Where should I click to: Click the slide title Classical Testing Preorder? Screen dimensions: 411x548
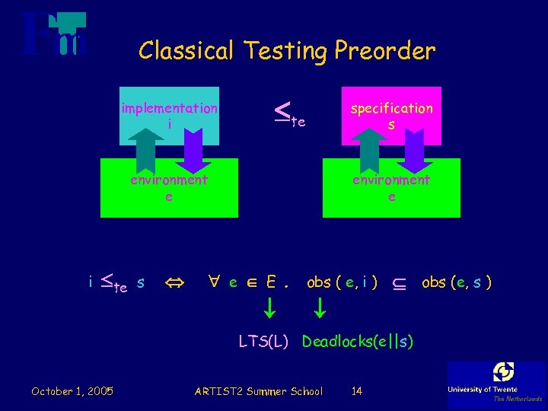pyautogui.click(x=287, y=51)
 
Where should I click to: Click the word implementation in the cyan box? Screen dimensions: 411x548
pyautogui.click(x=169, y=108)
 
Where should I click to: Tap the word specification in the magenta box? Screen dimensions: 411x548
pyautogui.click(x=391, y=108)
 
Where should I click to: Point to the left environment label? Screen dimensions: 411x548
pyautogui.click(x=169, y=180)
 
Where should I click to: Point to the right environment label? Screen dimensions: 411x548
pyautogui.click(x=391, y=180)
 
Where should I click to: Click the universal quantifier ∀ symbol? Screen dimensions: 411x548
pyautogui.click(x=216, y=282)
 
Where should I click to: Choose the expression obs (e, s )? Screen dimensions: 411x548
pyautogui.click(x=457, y=282)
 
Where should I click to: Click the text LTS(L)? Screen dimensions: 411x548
pyautogui.click(x=263, y=342)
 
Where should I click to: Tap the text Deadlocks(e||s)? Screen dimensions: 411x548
pyautogui.click(x=357, y=342)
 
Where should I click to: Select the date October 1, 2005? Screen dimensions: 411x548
pyautogui.click(x=72, y=391)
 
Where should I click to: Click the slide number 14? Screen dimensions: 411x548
pyautogui.click(x=357, y=391)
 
